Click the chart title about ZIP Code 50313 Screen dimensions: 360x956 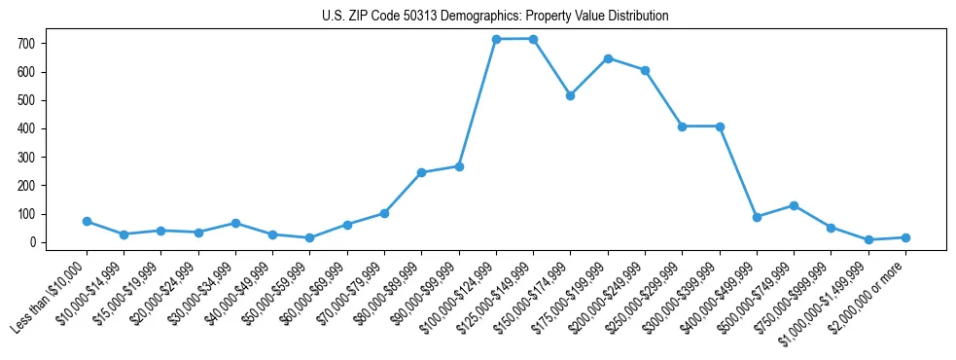(x=495, y=17)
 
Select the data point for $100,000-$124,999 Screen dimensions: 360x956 (x=496, y=39)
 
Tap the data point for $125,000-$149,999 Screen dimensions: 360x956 (x=533, y=39)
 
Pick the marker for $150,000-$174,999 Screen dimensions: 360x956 (x=570, y=95)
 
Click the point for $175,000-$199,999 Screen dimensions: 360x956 (x=608, y=58)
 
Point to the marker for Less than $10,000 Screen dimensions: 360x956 (x=87, y=221)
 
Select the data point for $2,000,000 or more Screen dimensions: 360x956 (x=905, y=237)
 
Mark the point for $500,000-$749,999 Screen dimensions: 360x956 (x=794, y=205)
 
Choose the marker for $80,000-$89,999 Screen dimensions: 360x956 (x=421, y=172)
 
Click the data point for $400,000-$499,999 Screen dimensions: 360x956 (x=757, y=217)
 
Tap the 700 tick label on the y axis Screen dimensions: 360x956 (x=26, y=44)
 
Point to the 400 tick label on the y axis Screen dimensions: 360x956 (x=26, y=128)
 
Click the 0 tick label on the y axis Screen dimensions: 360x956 (x=32, y=242)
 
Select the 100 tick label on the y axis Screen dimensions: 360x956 (x=26, y=214)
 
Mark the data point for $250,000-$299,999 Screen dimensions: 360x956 (x=682, y=126)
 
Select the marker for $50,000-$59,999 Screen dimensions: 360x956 (x=309, y=237)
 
